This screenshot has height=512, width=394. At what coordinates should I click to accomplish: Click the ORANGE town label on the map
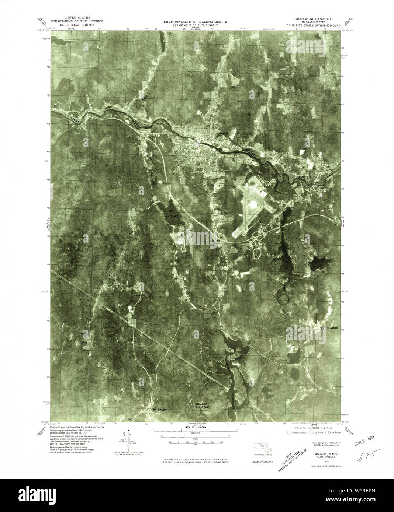tap(223, 133)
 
